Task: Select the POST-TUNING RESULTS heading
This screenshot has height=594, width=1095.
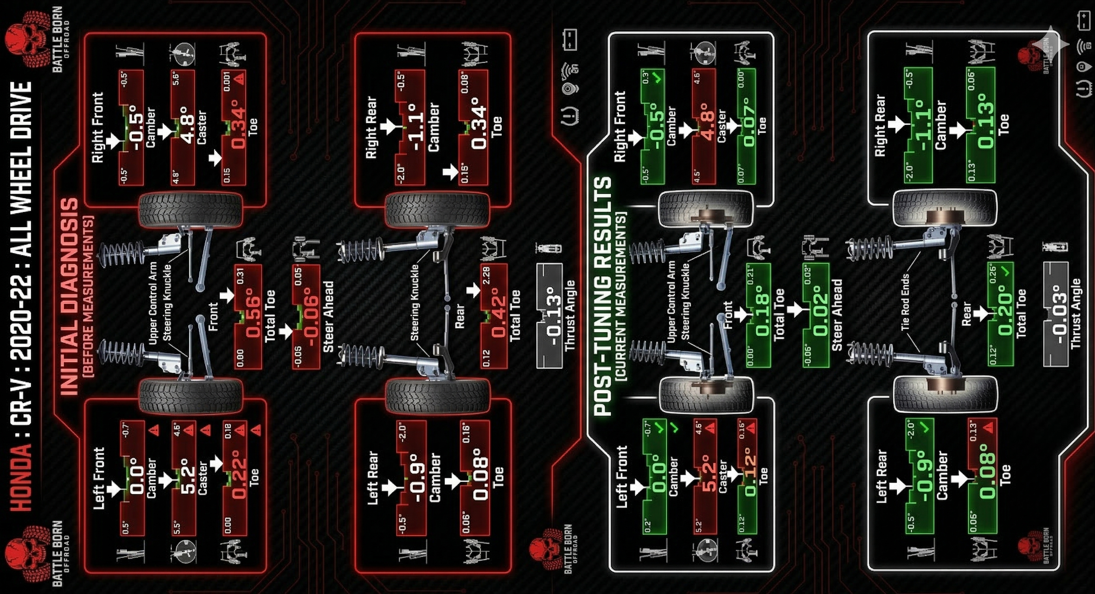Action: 603,296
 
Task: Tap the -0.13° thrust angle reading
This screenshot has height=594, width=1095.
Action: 553,317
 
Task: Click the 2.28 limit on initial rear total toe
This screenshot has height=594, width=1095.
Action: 486,276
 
